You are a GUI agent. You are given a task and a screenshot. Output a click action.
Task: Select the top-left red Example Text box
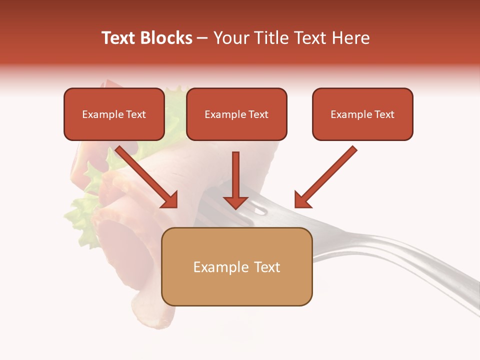[114, 114]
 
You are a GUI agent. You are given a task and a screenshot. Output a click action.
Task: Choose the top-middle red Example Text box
[236, 114]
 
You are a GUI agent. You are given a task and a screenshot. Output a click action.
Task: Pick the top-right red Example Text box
[362, 114]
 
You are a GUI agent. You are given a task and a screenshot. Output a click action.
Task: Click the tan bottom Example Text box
[236, 267]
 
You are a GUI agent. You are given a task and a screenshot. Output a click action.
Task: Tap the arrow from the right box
[327, 175]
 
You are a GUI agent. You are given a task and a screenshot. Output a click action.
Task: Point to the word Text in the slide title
[118, 38]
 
